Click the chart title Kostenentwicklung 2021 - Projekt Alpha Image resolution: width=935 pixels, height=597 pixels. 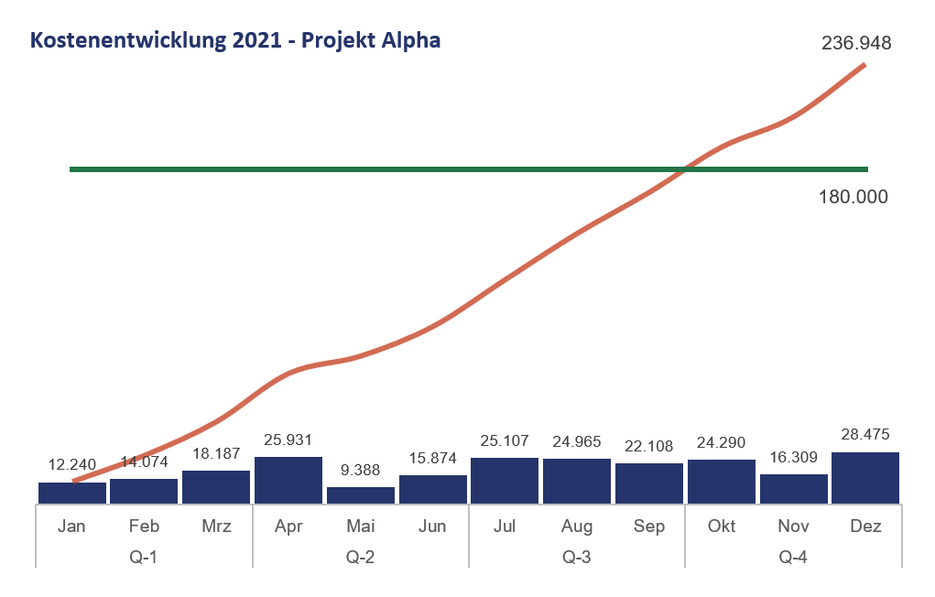coord(235,41)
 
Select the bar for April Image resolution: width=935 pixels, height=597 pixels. coord(288,480)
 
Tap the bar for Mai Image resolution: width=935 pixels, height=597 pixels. coord(361,494)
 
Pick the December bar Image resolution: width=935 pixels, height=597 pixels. coord(865,477)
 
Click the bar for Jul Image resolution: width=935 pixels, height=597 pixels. coord(505,480)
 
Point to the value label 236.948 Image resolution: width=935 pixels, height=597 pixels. coord(856,43)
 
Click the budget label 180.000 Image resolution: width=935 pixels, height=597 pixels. coord(853,197)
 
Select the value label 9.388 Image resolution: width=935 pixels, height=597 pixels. coord(360,470)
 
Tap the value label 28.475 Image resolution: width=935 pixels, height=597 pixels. coord(864,434)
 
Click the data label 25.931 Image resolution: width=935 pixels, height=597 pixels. coord(288,440)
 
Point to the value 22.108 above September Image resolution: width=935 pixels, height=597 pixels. coord(648,446)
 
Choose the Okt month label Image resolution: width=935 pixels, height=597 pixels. coord(721,526)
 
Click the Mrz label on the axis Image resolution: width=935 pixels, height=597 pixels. coord(216,526)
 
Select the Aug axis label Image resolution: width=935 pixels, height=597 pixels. coord(576,526)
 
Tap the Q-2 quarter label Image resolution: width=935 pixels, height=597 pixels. coord(360,556)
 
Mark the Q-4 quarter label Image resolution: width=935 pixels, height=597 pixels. coord(793,556)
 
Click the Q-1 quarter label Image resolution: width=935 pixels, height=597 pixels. coord(144,556)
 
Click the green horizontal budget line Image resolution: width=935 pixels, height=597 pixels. coord(366,169)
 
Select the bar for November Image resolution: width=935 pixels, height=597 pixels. coord(793,488)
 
